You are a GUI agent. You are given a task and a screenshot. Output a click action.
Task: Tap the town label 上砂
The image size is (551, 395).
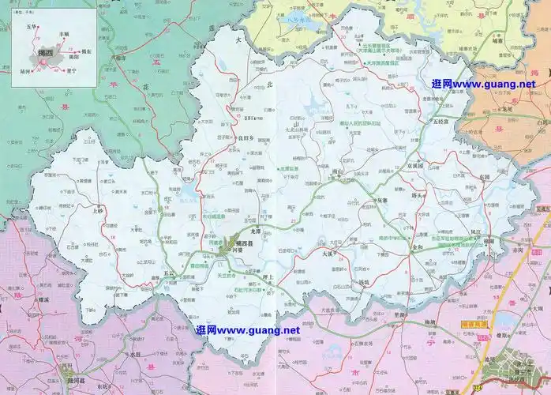point(98,212)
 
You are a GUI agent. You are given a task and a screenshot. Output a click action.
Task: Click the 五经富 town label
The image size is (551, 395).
point(438,121)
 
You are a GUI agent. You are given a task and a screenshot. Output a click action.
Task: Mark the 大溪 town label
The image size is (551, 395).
point(329,254)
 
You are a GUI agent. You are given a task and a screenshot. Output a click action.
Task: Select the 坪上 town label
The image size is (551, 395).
point(268,277)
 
